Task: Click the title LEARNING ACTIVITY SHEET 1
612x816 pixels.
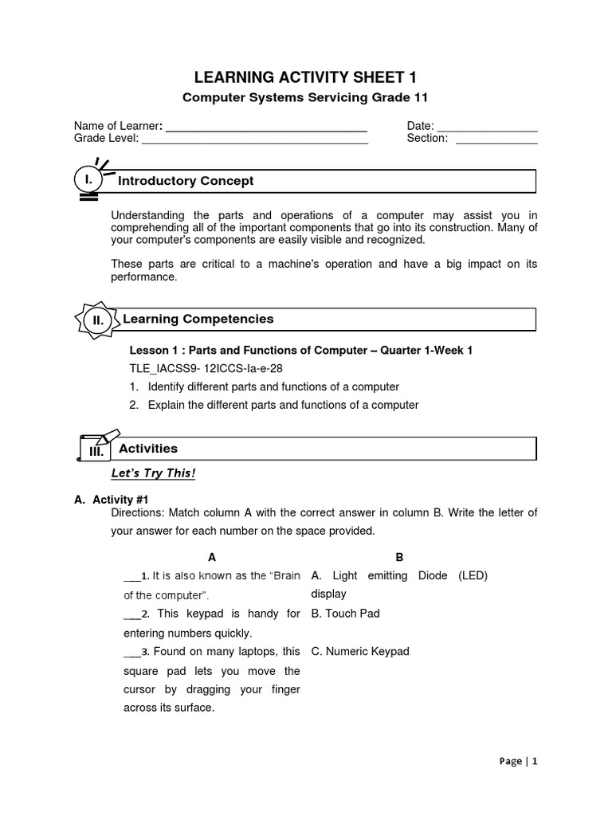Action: pyautogui.click(x=306, y=76)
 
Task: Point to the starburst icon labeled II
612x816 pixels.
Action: pyautogui.click(x=97, y=320)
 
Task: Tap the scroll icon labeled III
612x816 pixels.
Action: pyautogui.click(x=96, y=450)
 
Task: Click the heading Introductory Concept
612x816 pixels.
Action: pyautogui.click(x=186, y=181)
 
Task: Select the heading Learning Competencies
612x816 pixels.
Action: pyautogui.click(x=198, y=319)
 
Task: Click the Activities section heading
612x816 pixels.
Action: pyautogui.click(x=148, y=449)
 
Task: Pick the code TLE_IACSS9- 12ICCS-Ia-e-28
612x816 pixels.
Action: pyautogui.click(x=206, y=368)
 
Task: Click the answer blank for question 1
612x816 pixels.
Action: pyautogui.click(x=131, y=577)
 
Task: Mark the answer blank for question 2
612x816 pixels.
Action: pyautogui.click(x=131, y=615)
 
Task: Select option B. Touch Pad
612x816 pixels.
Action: pyautogui.click(x=345, y=614)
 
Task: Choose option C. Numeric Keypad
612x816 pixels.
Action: pyautogui.click(x=360, y=652)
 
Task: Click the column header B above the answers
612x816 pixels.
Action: pyautogui.click(x=399, y=557)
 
